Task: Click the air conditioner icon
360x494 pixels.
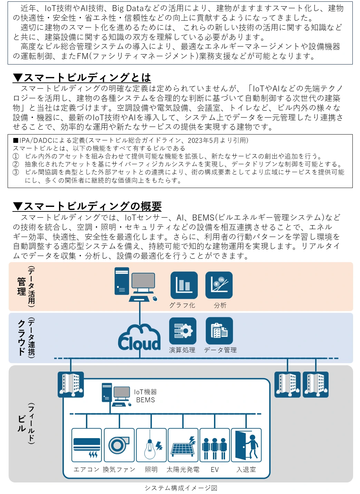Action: click(x=87, y=445)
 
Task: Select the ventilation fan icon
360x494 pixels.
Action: click(x=119, y=445)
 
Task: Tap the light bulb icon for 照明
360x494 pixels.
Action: click(x=151, y=445)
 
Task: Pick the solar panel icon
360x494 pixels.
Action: click(x=183, y=445)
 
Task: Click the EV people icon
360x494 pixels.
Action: click(x=215, y=445)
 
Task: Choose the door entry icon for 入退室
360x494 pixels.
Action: click(x=246, y=445)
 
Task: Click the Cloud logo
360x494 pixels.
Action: click(x=139, y=338)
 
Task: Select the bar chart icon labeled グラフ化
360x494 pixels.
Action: click(x=184, y=285)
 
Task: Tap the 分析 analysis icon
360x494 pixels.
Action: click(x=219, y=285)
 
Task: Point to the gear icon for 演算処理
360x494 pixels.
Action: click(x=183, y=331)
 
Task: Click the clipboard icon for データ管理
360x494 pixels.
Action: click(x=219, y=331)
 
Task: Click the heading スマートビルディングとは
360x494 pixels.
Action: click(x=82, y=78)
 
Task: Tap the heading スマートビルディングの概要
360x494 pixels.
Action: click(x=87, y=206)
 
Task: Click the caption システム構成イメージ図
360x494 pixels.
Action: click(x=181, y=488)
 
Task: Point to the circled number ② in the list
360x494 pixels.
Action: click(x=16, y=164)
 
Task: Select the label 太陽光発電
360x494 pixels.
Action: click(x=183, y=470)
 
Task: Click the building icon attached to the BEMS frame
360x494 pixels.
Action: click(x=71, y=384)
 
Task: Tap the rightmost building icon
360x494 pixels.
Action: click(x=315, y=384)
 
